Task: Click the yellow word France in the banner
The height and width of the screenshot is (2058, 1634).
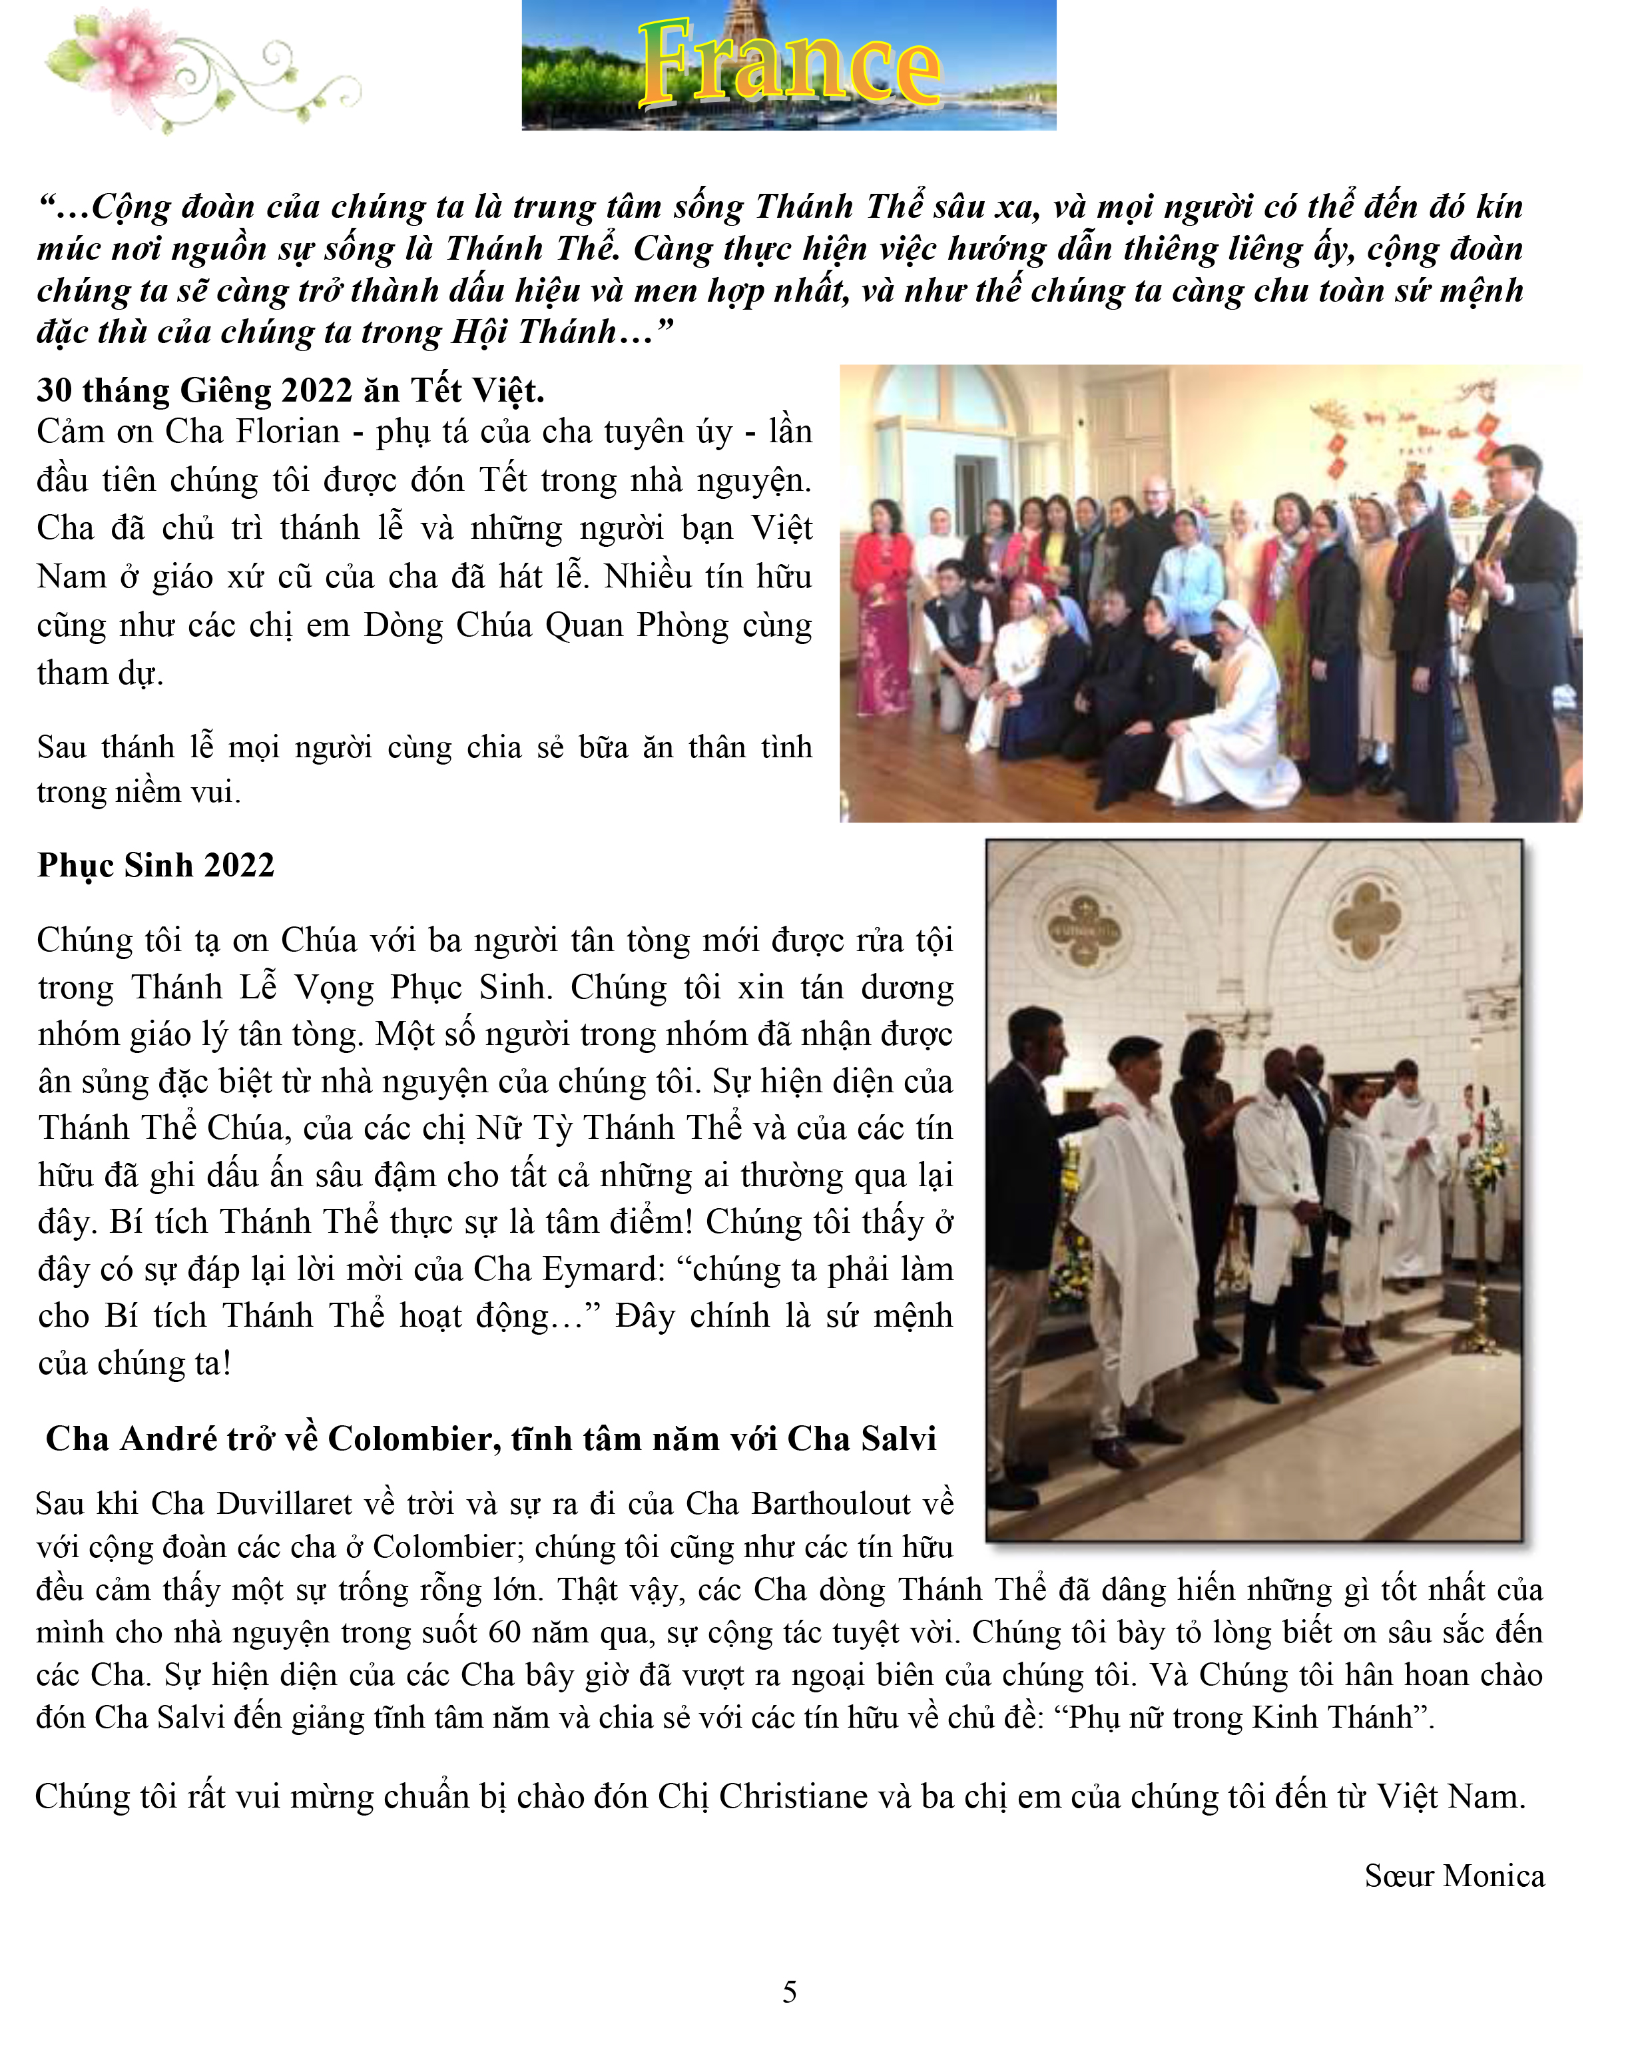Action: point(788,65)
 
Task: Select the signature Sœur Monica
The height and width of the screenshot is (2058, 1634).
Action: point(1454,1875)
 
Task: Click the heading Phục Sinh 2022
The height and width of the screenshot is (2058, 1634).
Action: point(156,864)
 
